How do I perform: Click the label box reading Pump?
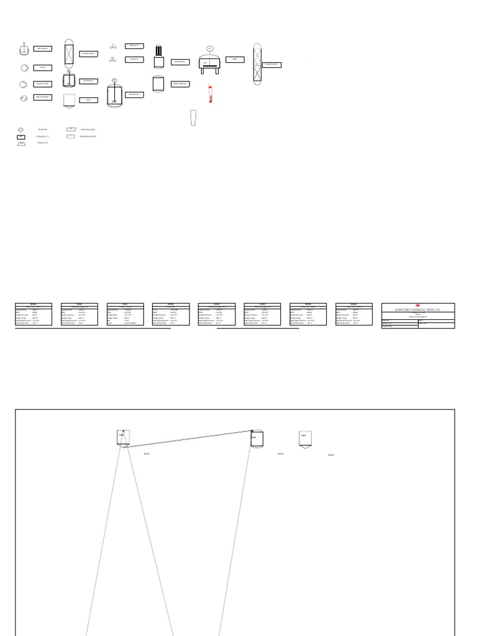click(x=42, y=67)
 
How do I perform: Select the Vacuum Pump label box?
click(x=42, y=83)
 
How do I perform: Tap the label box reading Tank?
click(x=88, y=99)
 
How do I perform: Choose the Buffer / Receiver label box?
click(x=180, y=83)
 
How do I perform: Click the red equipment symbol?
click(x=211, y=94)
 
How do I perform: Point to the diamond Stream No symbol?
click(x=20, y=129)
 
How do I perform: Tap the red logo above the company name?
click(x=417, y=305)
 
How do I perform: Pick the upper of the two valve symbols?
click(x=113, y=47)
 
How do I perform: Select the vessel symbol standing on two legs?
click(x=209, y=63)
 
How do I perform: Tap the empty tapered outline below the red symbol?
click(x=193, y=117)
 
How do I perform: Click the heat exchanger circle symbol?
click(x=24, y=98)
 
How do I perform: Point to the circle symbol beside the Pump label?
click(x=24, y=68)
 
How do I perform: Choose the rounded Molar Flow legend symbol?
click(x=71, y=136)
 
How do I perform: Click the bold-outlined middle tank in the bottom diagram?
click(x=257, y=438)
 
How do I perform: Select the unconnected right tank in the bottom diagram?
click(x=304, y=439)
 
